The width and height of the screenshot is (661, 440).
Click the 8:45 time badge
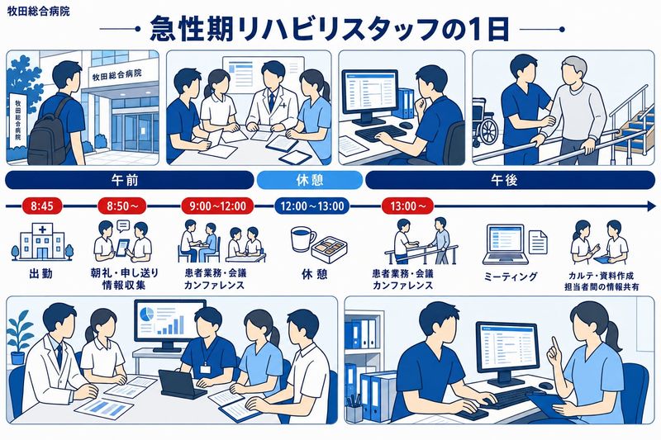coord(42,206)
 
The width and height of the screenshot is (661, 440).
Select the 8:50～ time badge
coord(122,206)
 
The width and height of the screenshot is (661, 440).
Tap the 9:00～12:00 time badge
coord(217,206)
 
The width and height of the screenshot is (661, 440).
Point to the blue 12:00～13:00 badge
coord(312,206)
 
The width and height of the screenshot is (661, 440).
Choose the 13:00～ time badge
coord(407,206)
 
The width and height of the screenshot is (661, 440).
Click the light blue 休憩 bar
coord(310,180)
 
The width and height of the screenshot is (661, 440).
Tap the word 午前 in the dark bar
coord(125,180)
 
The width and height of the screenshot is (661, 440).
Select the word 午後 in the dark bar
coord(504,180)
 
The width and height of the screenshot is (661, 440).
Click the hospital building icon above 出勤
coord(42,242)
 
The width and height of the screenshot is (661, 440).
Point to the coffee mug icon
coord(302,239)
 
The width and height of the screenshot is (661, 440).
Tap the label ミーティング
coord(511,277)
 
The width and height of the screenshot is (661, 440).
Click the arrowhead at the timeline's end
coord(651,206)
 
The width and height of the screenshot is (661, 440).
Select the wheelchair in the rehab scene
coord(486,121)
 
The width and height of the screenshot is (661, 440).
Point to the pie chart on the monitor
coord(146,315)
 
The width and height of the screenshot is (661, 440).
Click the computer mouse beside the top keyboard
coord(406,125)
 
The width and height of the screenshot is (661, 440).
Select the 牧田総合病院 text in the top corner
coord(38,11)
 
